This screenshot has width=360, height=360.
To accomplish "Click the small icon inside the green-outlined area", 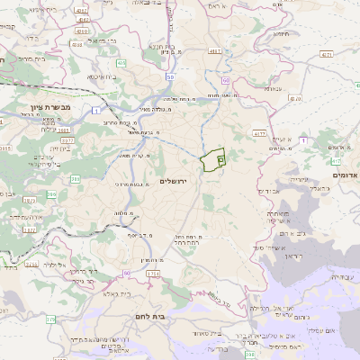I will [220, 157].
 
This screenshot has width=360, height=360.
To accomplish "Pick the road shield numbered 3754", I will [154, 272].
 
